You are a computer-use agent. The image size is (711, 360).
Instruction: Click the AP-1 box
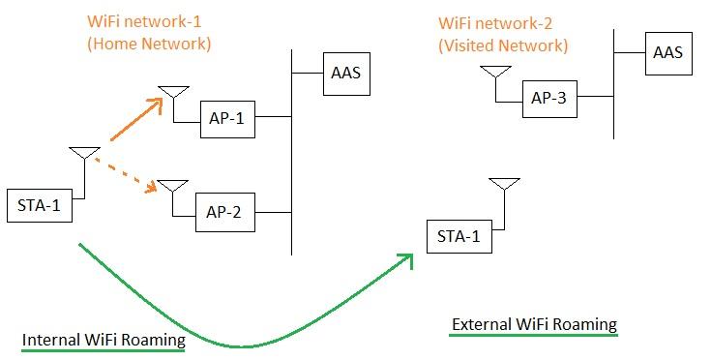(227, 117)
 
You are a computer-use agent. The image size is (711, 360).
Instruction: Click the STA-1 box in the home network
(40, 203)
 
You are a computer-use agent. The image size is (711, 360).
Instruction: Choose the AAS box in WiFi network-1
(345, 73)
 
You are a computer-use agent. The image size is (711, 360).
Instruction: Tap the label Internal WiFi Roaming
(103, 340)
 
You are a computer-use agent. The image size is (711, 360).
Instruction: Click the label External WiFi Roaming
(534, 324)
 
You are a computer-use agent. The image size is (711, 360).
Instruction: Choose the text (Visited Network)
(504, 45)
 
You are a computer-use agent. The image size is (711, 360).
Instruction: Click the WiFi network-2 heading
(494, 22)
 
